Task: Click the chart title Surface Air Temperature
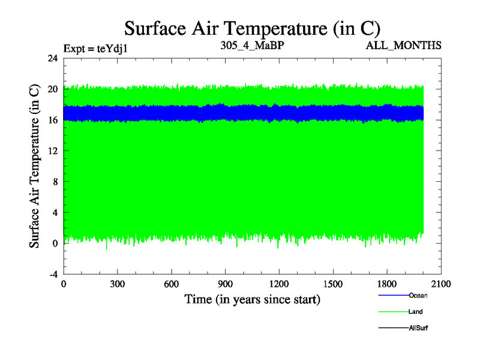tap(253, 28)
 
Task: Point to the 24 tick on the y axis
tap(52, 58)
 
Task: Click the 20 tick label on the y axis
tap(52, 89)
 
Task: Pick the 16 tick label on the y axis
tap(52, 120)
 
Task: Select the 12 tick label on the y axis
tap(52, 151)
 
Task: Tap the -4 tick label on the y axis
tap(52, 274)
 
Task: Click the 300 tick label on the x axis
tap(118, 284)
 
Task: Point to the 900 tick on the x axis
tap(225, 284)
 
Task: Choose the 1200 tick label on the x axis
tap(279, 284)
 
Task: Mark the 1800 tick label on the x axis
tap(387, 284)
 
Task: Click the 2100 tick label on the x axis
tap(440, 284)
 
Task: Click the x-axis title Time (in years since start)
tap(253, 299)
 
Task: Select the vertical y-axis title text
tap(34, 166)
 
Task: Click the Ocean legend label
tap(418, 295)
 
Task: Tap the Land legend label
tap(416, 312)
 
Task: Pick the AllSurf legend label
tap(418, 328)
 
